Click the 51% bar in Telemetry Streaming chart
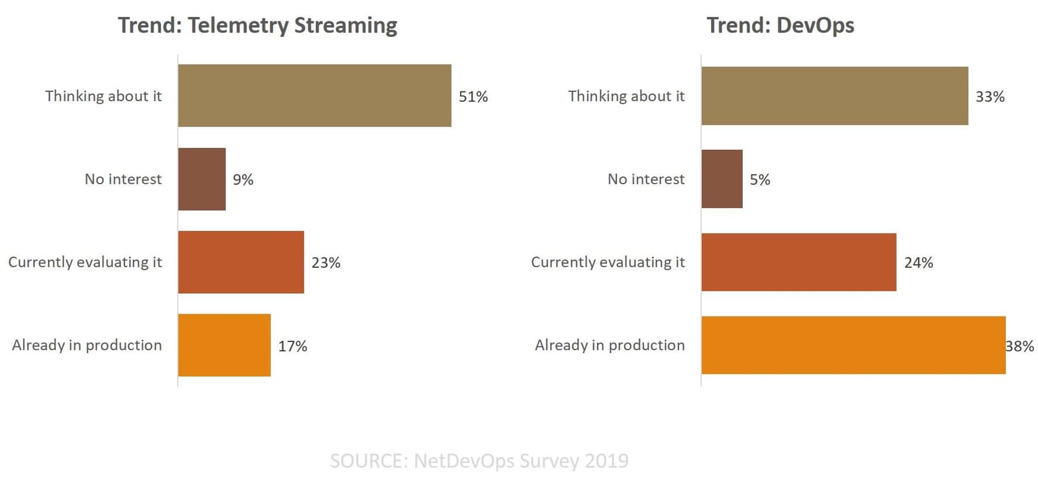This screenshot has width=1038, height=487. coord(315,95)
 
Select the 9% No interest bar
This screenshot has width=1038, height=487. coord(202,179)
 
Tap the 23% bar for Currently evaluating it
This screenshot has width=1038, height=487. coord(241,262)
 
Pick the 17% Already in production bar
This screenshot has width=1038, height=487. coord(224,345)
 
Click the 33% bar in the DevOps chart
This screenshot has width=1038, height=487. coord(834,95)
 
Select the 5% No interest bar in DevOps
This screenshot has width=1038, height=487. coord(722,179)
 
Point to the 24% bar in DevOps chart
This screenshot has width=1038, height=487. coord(799,262)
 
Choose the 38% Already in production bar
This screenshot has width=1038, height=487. coord(853,345)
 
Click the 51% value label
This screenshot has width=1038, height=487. coord(473,97)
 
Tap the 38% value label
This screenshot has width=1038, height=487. coord(1020,346)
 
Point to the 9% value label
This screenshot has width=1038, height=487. coord(243,180)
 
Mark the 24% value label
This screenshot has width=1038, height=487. coord(919,263)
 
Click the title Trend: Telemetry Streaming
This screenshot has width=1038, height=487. coord(258,25)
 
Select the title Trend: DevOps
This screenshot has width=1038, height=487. coord(780,25)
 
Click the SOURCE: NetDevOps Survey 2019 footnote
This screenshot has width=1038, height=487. coord(479,461)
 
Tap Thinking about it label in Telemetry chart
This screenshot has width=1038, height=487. coord(103,96)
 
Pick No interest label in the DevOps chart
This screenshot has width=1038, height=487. coord(646,179)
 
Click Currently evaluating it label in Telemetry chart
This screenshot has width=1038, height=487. coord(85,262)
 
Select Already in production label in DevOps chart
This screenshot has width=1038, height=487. coord(610,345)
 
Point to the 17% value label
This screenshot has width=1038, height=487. coord(293,346)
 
